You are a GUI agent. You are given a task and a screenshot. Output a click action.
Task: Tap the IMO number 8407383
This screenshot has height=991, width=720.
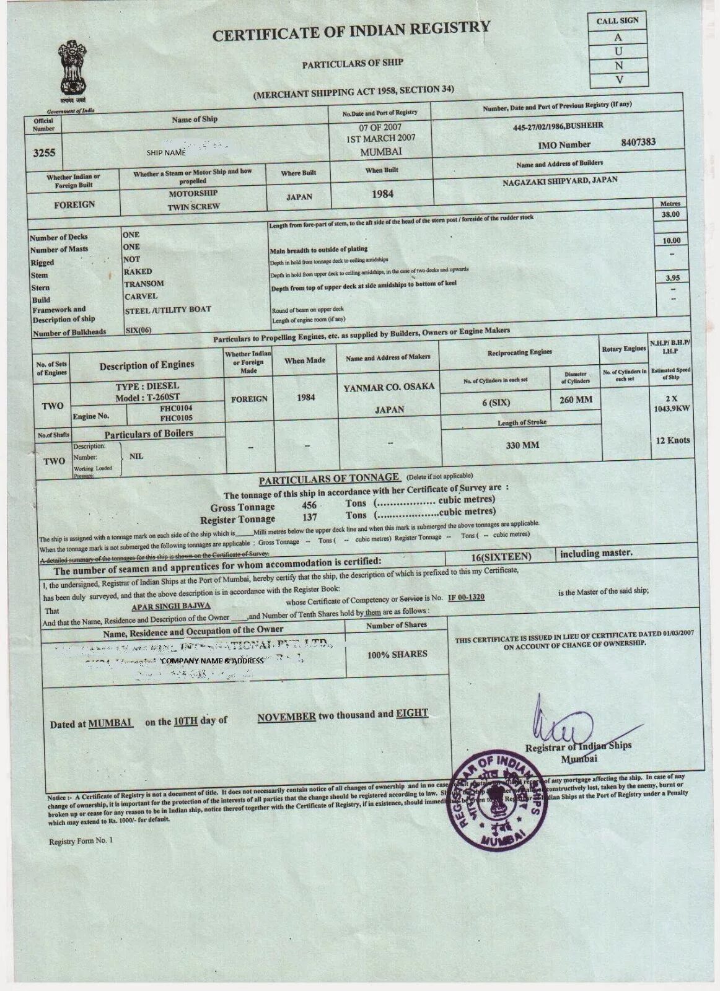click(638, 142)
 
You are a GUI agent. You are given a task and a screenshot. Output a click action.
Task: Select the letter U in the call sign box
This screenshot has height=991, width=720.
click(618, 51)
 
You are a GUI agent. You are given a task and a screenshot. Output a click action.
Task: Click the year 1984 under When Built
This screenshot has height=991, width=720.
click(382, 194)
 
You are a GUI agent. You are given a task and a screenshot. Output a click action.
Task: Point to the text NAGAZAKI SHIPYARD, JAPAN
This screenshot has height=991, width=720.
click(560, 181)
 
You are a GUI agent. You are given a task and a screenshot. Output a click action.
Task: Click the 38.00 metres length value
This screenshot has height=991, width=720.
click(670, 215)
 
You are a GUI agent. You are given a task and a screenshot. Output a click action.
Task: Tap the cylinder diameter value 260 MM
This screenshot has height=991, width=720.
click(576, 400)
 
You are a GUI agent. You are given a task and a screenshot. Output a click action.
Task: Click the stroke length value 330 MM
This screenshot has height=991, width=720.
click(522, 445)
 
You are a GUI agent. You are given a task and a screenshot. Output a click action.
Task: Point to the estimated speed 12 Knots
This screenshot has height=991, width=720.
click(673, 441)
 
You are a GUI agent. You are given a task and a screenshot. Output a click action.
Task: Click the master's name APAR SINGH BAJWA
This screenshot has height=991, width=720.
click(180, 605)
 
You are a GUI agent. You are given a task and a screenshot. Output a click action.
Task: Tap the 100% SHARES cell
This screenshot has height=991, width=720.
click(397, 654)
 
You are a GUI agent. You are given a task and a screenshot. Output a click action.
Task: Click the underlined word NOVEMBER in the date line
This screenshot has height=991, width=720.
click(286, 716)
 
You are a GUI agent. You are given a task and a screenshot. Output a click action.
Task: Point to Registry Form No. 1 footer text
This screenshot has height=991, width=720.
click(82, 842)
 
